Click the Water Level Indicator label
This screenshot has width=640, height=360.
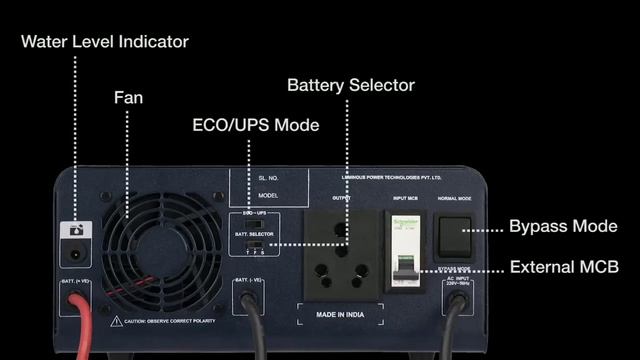(105, 42)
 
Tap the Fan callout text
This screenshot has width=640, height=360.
(128, 98)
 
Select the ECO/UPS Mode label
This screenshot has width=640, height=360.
(256, 125)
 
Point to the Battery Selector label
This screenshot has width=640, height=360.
(351, 85)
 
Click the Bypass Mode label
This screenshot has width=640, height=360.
(564, 226)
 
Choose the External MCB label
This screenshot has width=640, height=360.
(564, 267)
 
